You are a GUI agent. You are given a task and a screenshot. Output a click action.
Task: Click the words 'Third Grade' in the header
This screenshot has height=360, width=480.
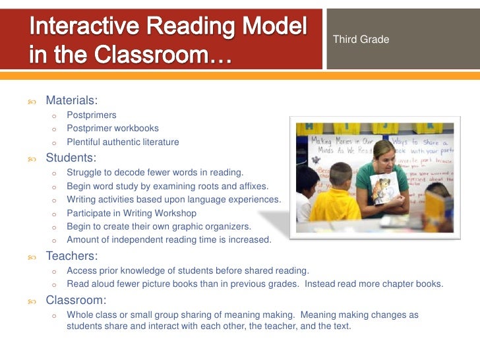coord(361,40)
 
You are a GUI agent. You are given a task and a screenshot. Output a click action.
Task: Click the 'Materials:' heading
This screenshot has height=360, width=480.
coord(71,101)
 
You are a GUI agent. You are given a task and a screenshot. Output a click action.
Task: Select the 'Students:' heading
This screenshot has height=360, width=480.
coord(71,158)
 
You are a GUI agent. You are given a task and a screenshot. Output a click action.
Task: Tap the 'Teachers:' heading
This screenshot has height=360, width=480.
coord(71,256)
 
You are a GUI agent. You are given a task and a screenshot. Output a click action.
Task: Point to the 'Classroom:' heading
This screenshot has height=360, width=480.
coord(76,299)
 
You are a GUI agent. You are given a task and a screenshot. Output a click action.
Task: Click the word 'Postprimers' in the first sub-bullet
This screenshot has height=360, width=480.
coord(92,115)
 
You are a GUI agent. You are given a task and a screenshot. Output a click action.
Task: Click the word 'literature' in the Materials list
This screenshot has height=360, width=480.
coord(156,142)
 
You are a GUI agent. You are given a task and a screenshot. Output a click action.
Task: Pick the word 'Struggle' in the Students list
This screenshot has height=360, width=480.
coord(84,173)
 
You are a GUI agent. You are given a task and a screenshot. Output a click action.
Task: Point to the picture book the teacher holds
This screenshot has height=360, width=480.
coord(384,187)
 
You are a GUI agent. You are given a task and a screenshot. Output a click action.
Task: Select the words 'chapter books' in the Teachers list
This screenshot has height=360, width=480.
coord(413,285)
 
